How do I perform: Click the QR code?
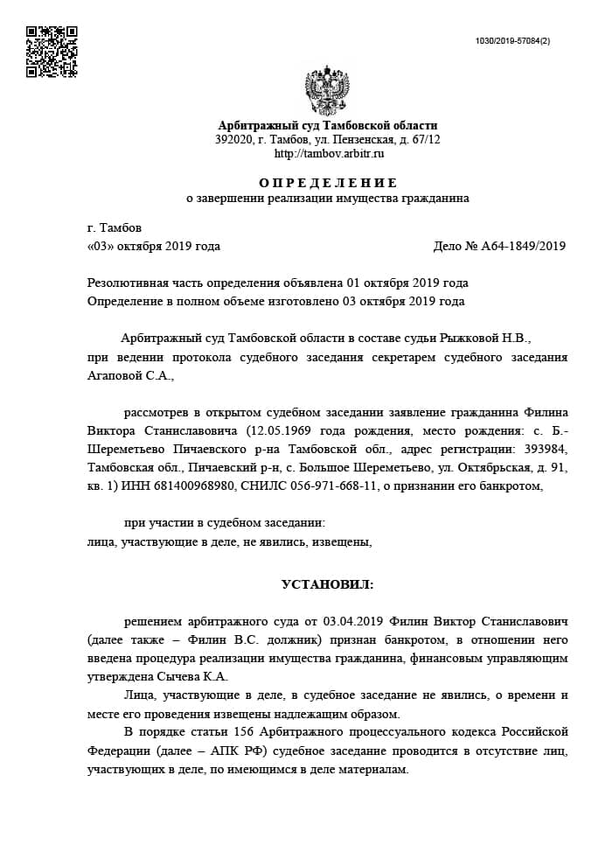click(52, 52)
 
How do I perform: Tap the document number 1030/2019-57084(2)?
click(512, 41)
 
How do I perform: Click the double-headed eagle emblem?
click(328, 91)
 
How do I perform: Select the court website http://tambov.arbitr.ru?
click(329, 153)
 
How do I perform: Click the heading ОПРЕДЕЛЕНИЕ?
click(328, 183)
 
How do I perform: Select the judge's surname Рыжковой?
click(478, 339)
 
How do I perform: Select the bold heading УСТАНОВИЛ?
click(327, 583)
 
